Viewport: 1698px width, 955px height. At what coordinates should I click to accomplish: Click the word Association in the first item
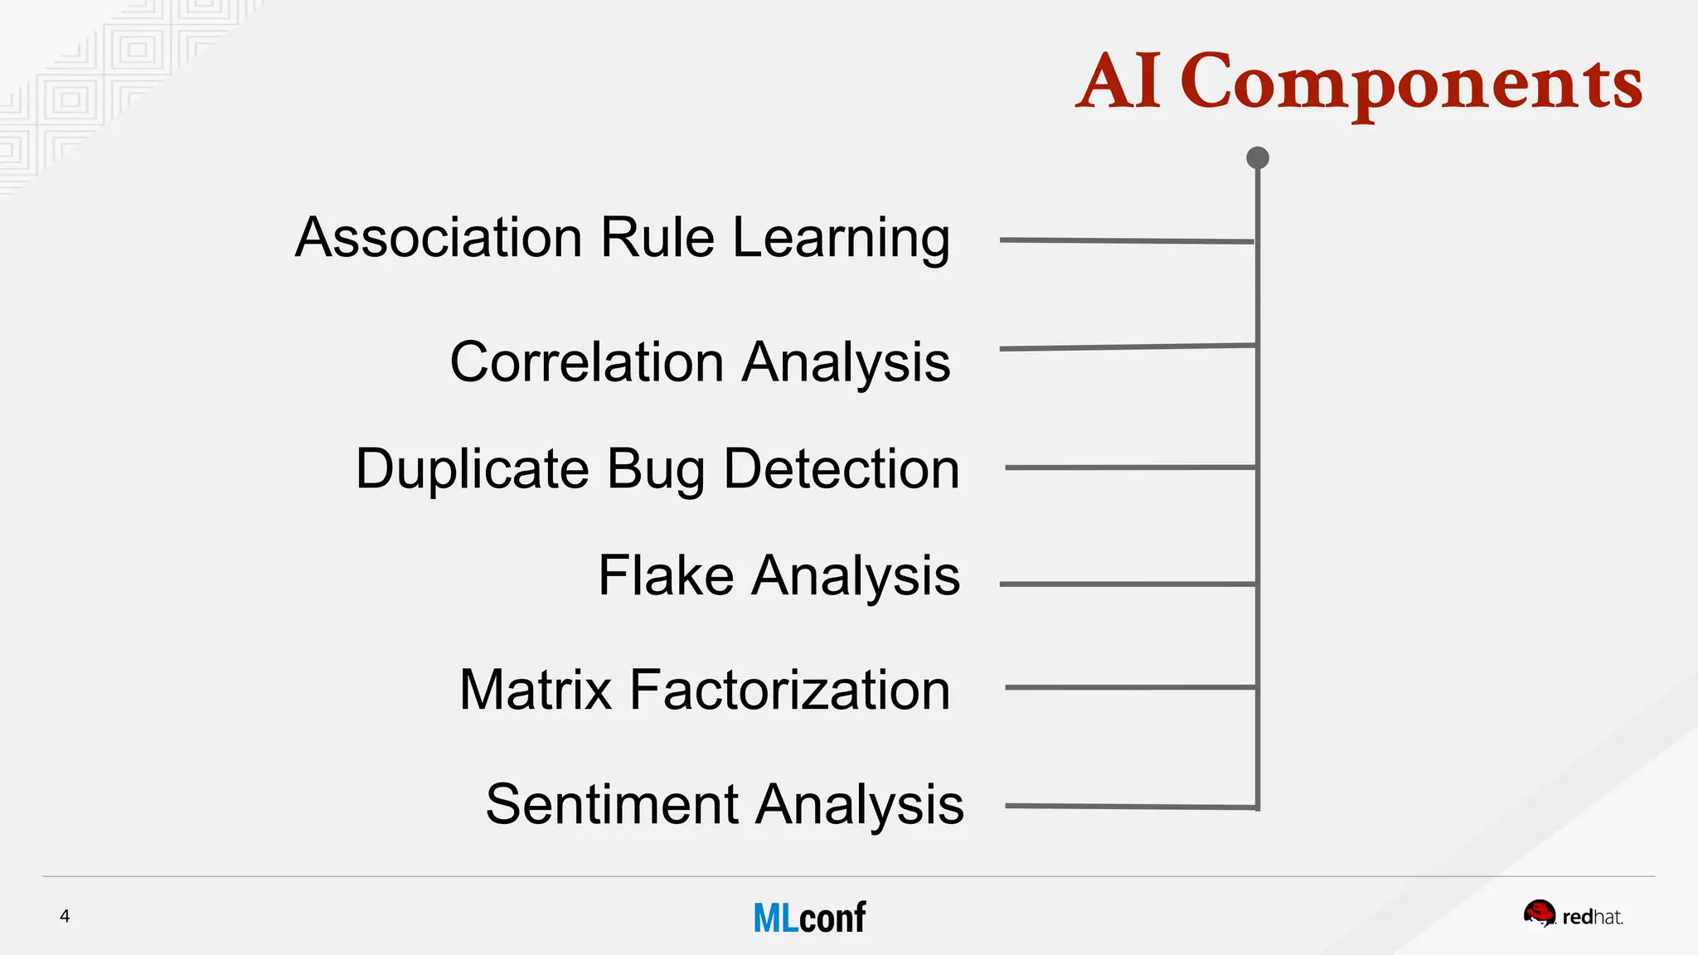pyautogui.click(x=439, y=238)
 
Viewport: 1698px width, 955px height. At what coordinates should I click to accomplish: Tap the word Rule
pyautogui.click(x=657, y=238)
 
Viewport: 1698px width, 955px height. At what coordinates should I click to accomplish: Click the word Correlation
pyautogui.click(x=587, y=362)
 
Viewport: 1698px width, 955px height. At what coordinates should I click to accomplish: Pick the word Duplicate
pyautogui.click(x=472, y=470)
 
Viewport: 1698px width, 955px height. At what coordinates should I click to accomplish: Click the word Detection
pyautogui.click(x=842, y=469)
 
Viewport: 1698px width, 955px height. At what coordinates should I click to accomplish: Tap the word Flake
pyautogui.click(x=666, y=575)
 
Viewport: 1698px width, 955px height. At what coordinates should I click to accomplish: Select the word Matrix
pyautogui.click(x=535, y=690)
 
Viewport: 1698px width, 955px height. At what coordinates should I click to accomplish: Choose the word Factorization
pyautogui.click(x=789, y=690)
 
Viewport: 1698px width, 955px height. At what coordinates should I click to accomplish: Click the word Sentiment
pyautogui.click(x=612, y=804)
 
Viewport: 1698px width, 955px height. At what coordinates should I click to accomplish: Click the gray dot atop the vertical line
pyautogui.click(x=1258, y=158)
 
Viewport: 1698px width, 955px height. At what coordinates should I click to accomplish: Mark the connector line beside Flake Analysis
pyautogui.click(x=1128, y=584)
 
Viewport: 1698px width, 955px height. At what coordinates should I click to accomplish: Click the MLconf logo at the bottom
pyautogui.click(x=809, y=918)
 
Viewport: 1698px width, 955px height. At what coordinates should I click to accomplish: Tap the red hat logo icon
pyautogui.click(x=1540, y=914)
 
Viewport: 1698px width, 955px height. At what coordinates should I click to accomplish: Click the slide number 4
pyautogui.click(x=65, y=916)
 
